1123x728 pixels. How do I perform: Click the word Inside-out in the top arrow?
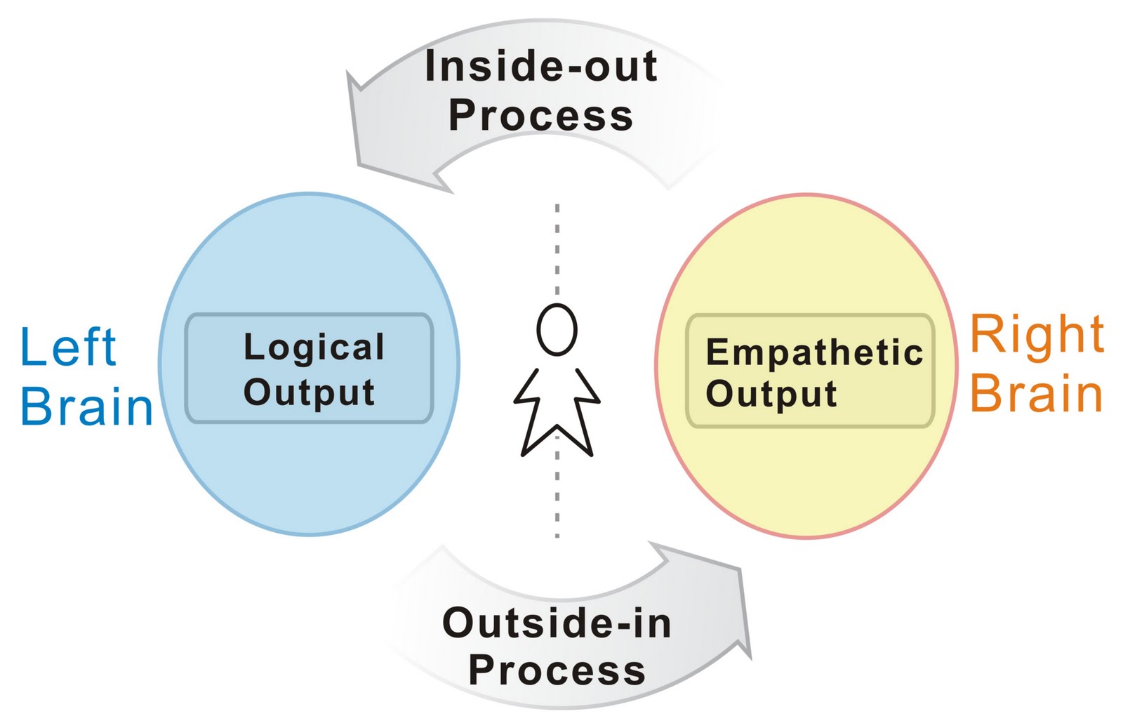click(x=541, y=66)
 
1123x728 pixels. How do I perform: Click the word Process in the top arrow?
click(x=541, y=115)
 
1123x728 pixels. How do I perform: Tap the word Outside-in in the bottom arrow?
click(x=557, y=623)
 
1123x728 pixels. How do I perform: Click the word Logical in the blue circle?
click(x=314, y=348)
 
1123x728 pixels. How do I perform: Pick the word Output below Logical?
click(x=309, y=392)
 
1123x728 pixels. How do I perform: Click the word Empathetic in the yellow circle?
click(x=814, y=352)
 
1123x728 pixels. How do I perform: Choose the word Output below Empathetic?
click(x=771, y=395)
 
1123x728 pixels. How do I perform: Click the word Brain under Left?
click(x=86, y=406)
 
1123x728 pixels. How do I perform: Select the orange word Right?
click(x=1037, y=335)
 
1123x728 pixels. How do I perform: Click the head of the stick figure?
click(x=557, y=329)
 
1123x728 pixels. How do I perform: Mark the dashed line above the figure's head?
click(x=557, y=249)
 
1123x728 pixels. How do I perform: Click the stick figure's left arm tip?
click(x=515, y=401)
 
